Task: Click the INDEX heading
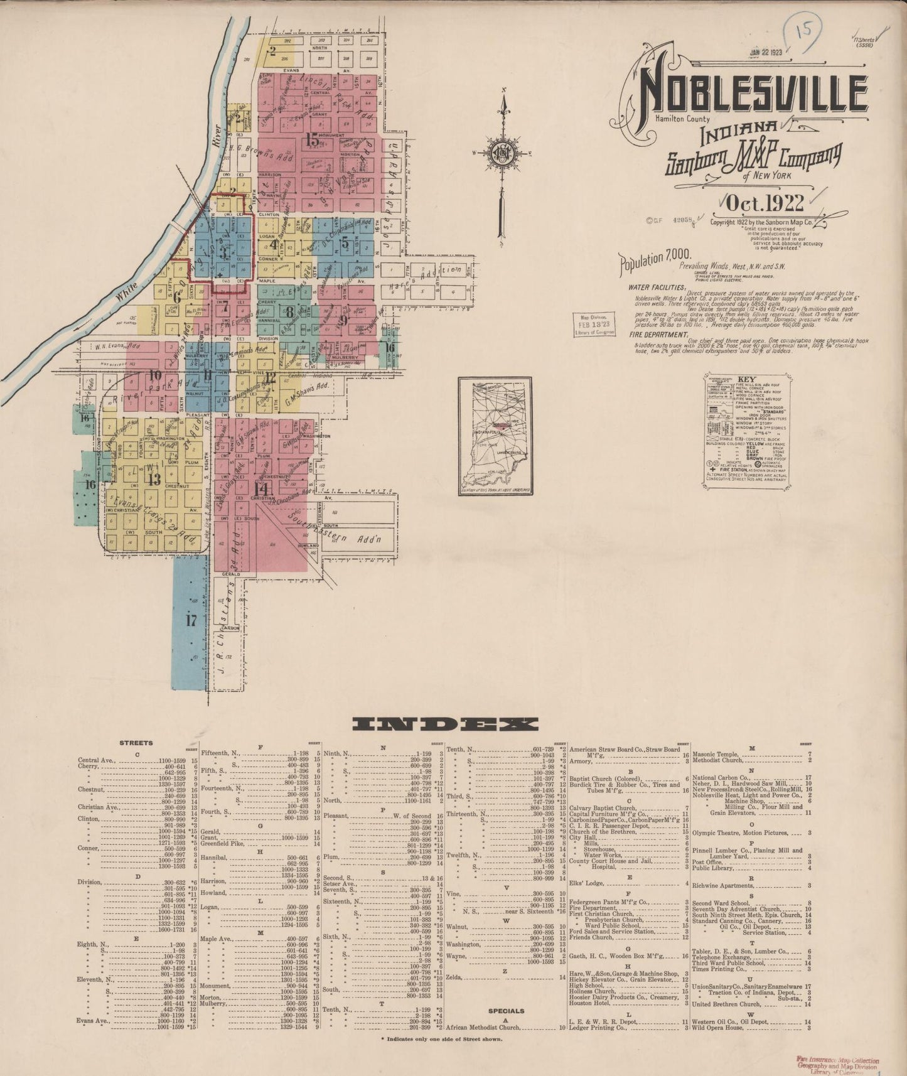(445, 724)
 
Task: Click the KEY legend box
(746, 428)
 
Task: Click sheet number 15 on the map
(312, 141)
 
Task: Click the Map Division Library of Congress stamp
(594, 324)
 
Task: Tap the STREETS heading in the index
(136, 743)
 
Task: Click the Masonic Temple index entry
(718, 753)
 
